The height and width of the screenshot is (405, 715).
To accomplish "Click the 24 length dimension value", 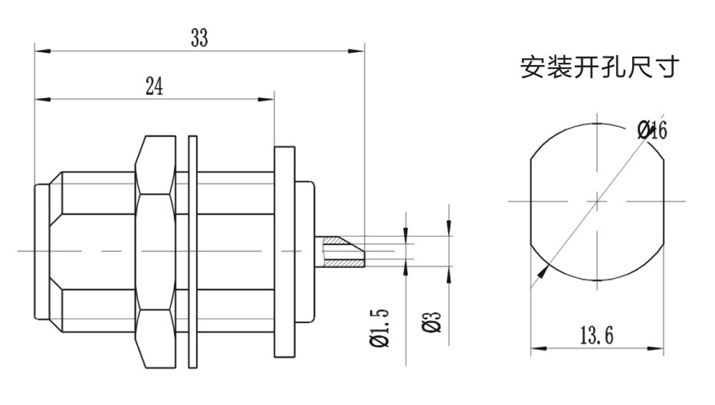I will pyautogui.click(x=154, y=87).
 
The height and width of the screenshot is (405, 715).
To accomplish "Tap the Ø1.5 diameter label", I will pyautogui.click(x=381, y=327).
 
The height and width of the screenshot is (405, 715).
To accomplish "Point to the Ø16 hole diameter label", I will pyautogui.click(x=651, y=130).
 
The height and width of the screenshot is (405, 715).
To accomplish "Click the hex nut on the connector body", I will pyautogui.click(x=155, y=251).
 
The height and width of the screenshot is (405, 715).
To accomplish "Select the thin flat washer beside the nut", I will pyautogui.click(x=192, y=251).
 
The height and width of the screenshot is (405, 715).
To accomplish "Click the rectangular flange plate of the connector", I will pyautogui.click(x=284, y=251).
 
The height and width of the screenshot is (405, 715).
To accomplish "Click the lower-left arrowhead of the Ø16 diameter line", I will pyautogui.click(x=543, y=270).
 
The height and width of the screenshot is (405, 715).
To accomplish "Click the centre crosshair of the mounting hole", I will pyautogui.click(x=598, y=201).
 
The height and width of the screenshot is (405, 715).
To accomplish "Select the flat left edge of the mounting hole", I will pyautogui.click(x=531, y=201).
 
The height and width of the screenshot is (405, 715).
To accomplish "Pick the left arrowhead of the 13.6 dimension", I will pyautogui.click(x=536, y=350).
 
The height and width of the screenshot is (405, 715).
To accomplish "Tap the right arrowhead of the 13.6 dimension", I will pyautogui.click(x=661, y=350).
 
